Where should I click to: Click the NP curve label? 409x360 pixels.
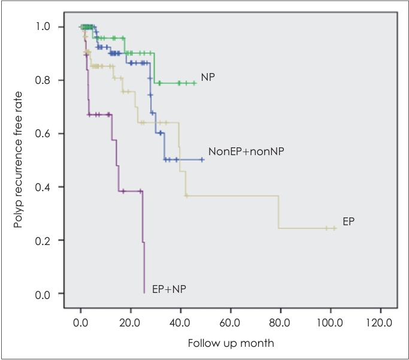(x=208, y=77)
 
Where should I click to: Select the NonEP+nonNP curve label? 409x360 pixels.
(x=246, y=152)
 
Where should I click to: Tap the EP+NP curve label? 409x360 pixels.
(x=169, y=289)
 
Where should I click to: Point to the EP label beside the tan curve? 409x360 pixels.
(x=349, y=221)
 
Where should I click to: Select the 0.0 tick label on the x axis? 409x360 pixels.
(x=80, y=322)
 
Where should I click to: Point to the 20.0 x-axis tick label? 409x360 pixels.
(x=130, y=322)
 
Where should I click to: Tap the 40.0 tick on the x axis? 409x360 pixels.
(x=180, y=322)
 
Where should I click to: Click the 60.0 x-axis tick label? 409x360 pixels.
(x=230, y=322)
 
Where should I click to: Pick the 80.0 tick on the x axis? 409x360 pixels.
(x=280, y=322)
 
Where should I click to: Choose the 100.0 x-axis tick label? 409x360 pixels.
(x=330, y=322)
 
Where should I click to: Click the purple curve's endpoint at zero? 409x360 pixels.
(x=144, y=293)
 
